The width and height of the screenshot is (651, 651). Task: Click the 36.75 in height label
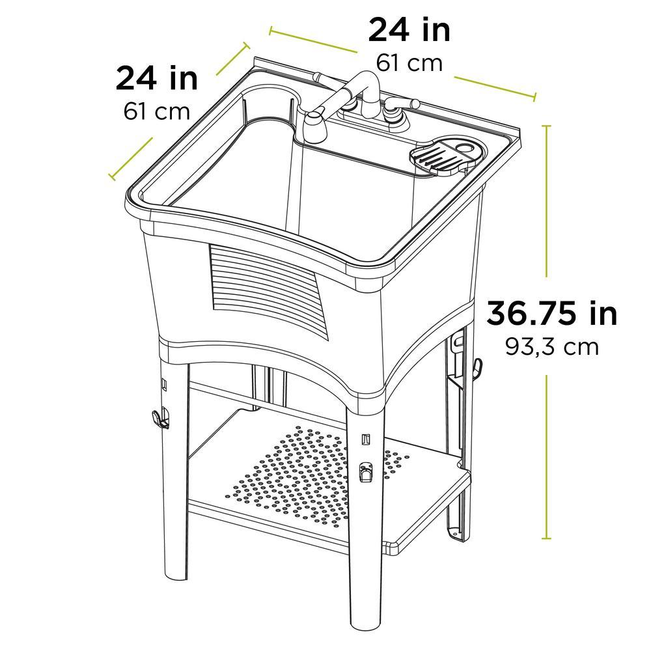coord(552,314)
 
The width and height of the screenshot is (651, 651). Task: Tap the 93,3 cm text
coord(552,346)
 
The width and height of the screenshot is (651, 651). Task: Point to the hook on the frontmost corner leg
coord(365,472)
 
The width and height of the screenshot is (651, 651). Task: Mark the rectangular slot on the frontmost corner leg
coord(366,440)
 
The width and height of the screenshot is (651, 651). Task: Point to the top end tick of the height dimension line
coord(546,125)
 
